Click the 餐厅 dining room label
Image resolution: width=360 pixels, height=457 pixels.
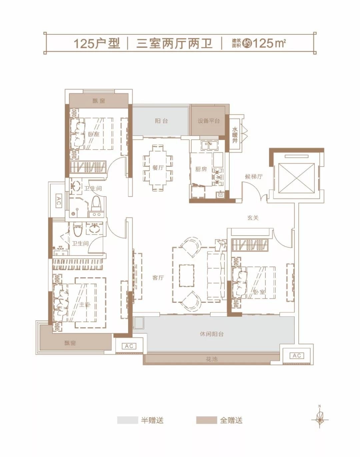click(158, 168)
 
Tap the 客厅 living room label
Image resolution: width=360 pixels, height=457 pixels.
click(158, 277)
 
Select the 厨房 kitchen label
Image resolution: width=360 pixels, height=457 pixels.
click(201, 169)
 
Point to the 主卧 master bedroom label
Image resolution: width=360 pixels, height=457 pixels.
click(85, 305)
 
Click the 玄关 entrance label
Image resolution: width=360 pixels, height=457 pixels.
click(253, 218)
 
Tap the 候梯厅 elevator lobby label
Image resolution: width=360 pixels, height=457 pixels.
click(254, 177)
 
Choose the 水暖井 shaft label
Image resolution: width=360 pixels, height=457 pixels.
click(235, 135)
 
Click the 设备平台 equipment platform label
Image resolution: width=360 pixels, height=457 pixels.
click(209, 121)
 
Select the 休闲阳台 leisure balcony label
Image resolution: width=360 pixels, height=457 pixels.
click(212, 334)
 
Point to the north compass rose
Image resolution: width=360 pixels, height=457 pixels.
click(320, 420)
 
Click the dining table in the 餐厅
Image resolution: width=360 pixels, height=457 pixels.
click(158, 168)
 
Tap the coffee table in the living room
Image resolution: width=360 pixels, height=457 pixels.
click(187, 276)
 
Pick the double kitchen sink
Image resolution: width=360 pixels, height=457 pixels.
click(210, 146)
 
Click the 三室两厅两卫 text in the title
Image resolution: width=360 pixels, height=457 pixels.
click(174, 44)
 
